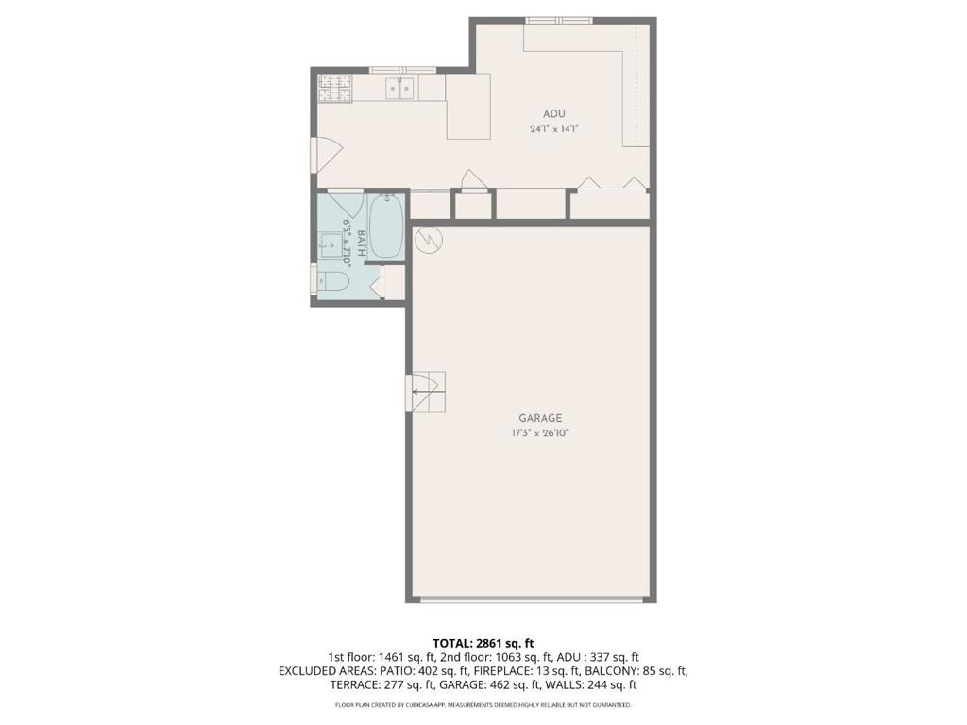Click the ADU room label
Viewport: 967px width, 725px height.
pos(553,114)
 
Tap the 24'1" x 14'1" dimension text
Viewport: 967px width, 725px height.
pos(553,129)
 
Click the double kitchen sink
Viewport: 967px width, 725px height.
pos(400,88)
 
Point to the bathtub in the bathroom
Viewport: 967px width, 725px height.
pos(386,226)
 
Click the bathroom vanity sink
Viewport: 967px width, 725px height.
pos(333,245)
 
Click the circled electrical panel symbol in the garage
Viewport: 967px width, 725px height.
pos(428,239)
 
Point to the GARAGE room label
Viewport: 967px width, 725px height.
pos(540,418)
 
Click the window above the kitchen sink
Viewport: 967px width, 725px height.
pos(402,70)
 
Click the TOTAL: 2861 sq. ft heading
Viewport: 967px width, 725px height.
pos(483,644)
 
